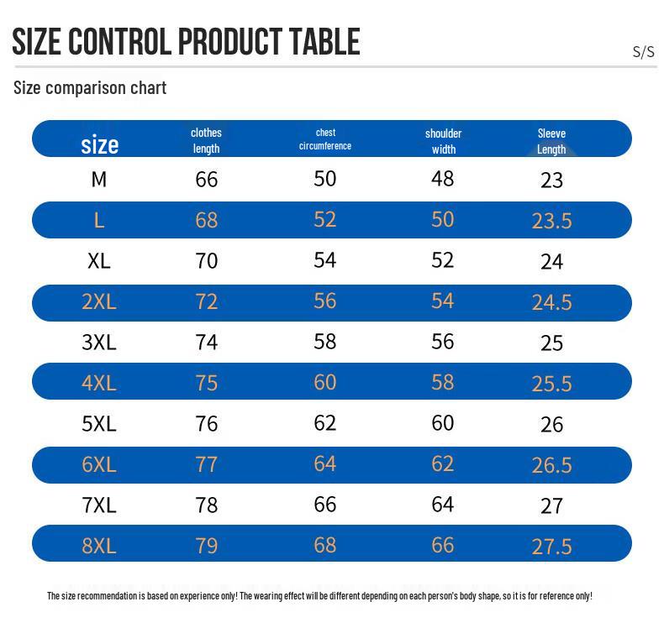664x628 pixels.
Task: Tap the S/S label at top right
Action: pyautogui.click(x=643, y=51)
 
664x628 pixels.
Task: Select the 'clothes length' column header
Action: pyautogui.click(x=206, y=140)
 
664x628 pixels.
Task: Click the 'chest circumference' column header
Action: pyautogui.click(x=325, y=139)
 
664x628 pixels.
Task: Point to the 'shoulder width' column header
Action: pyautogui.click(x=444, y=141)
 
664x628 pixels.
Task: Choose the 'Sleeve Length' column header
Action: pyautogui.click(x=551, y=141)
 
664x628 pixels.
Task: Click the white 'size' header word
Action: pyautogui.click(x=99, y=144)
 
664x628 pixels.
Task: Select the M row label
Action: pyautogui.click(x=99, y=180)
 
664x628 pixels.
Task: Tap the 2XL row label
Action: pyautogui.click(x=99, y=302)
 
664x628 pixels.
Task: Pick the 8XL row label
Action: pyautogui.click(x=99, y=546)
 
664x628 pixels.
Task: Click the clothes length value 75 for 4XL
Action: pyautogui.click(x=206, y=383)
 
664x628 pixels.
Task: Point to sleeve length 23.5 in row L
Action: pyautogui.click(x=551, y=221)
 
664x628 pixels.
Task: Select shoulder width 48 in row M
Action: pyautogui.click(x=442, y=179)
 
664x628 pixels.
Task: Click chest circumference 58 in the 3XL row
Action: pyautogui.click(x=324, y=342)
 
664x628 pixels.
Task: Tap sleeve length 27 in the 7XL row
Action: pyautogui.click(x=551, y=506)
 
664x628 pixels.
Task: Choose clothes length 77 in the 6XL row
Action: pyautogui.click(x=206, y=465)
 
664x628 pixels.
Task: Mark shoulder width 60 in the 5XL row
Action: pyautogui.click(x=442, y=423)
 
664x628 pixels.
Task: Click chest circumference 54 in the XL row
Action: pyautogui.click(x=324, y=260)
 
